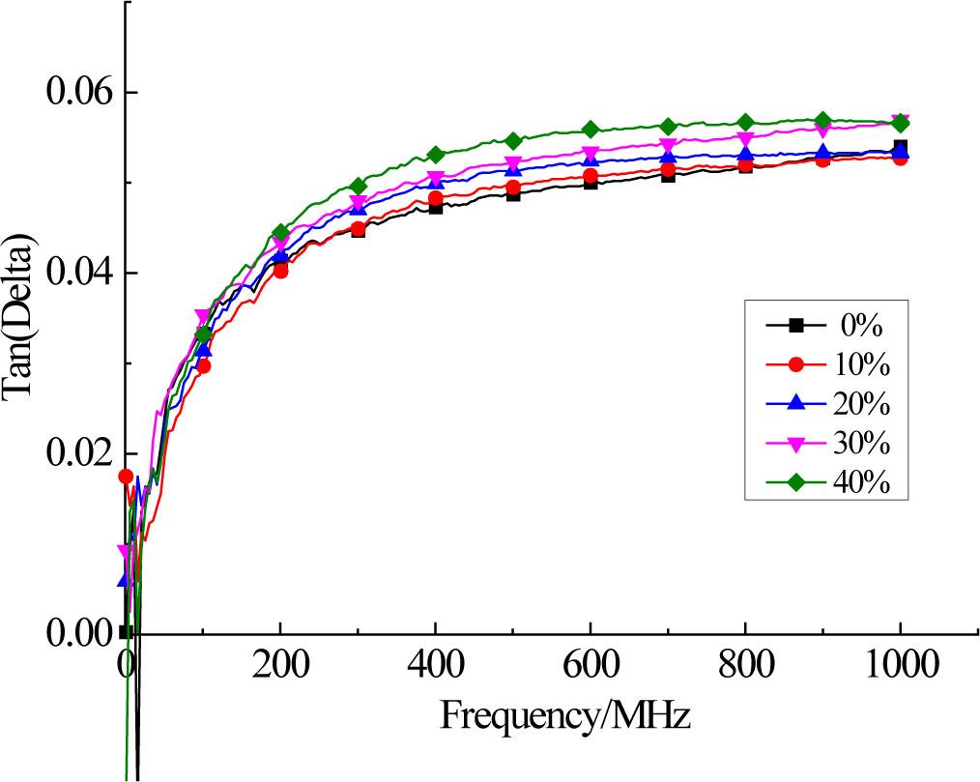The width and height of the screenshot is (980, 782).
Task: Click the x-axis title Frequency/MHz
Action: tap(564, 716)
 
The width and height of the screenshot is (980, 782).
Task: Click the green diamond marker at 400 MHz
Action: tap(436, 155)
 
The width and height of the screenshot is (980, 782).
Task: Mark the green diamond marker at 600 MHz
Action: tap(591, 130)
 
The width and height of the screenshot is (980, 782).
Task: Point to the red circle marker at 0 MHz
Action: tap(126, 476)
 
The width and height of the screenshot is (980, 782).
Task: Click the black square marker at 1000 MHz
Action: tap(901, 147)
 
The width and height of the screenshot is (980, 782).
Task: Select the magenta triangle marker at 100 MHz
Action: tap(202, 317)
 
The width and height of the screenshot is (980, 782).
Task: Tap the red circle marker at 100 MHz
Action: tap(204, 366)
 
